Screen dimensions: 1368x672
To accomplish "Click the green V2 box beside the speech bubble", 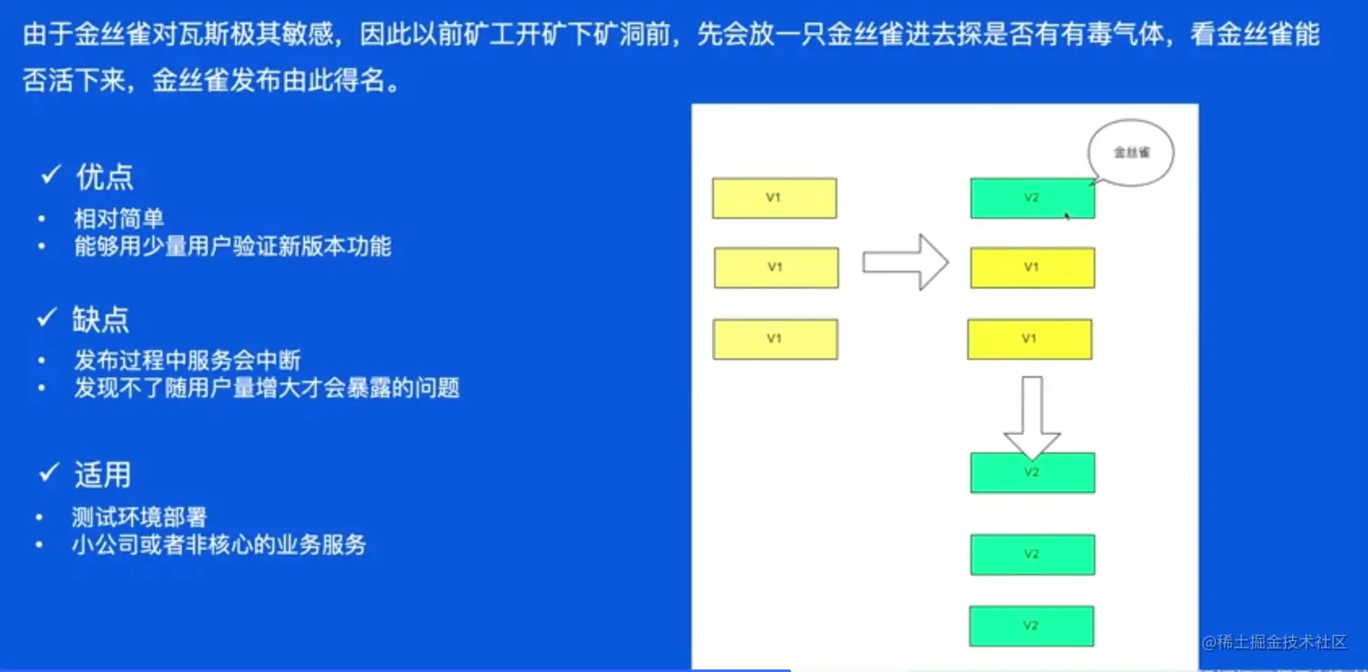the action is (x=1032, y=198).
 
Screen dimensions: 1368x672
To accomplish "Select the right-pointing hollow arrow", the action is (x=906, y=262).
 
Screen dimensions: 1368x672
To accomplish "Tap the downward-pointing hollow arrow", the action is (x=1032, y=418).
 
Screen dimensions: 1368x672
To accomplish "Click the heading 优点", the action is (x=104, y=177).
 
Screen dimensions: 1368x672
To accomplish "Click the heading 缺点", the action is (x=100, y=319).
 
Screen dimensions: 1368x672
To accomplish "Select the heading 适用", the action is (x=102, y=474).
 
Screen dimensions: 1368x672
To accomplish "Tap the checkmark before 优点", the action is (x=51, y=175).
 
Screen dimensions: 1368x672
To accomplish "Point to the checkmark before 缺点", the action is (x=47, y=317).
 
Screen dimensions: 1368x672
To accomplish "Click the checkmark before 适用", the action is (x=49, y=472).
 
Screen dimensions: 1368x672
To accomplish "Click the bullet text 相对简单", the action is (x=119, y=219).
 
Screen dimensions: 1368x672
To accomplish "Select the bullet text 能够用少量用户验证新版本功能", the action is (x=233, y=246).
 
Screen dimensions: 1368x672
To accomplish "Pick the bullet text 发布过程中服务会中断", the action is (x=187, y=360).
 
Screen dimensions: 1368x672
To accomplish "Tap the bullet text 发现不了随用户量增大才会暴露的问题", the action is (x=267, y=388).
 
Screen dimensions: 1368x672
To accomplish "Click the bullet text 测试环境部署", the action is (x=140, y=517).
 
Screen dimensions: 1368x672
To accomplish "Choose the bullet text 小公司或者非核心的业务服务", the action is (x=219, y=544).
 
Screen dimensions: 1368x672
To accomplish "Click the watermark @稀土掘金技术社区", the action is (x=1274, y=642).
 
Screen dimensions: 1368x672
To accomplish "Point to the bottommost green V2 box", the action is (x=1031, y=626).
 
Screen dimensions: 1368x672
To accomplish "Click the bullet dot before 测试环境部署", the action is (x=39, y=517).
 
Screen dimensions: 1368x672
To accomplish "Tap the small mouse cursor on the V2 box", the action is (x=1067, y=216).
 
